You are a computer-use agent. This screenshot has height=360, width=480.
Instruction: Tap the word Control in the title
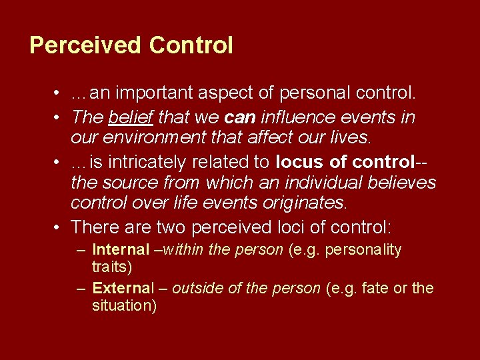pyautogui.click(x=191, y=45)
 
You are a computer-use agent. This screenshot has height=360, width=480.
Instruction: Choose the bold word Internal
pyautogui.click(x=121, y=250)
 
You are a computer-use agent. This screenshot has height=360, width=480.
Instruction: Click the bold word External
pyautogui.click(x=123, y=289)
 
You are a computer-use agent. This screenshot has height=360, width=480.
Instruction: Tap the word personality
pyautogui.click(x=365, y=250)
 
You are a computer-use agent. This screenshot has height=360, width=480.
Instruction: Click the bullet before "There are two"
pyautogui.click(x=59, y=227)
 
